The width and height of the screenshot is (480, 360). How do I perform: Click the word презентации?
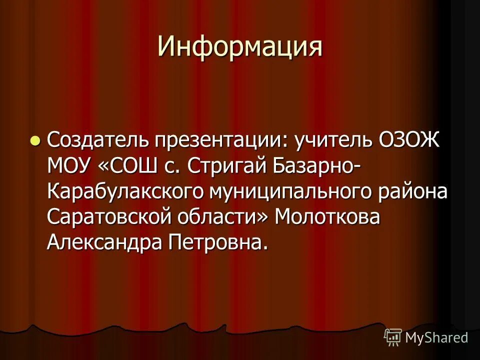pos(217,141)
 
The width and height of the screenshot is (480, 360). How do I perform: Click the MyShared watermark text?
pos(436,337)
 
